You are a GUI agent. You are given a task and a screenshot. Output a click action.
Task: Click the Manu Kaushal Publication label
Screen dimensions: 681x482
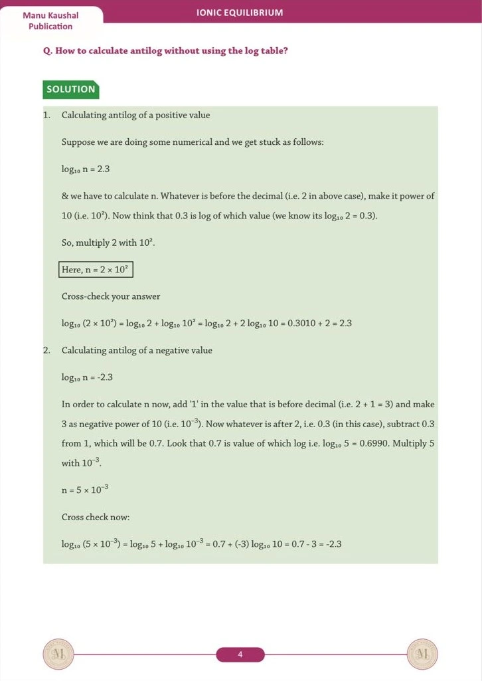(50, 21)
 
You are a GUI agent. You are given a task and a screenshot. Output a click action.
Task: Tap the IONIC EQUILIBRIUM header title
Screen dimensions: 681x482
(240, 13)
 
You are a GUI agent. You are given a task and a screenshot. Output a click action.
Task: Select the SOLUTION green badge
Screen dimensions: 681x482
(71, 89)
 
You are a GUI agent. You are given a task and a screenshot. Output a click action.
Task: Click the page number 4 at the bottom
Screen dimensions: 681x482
(240, 655)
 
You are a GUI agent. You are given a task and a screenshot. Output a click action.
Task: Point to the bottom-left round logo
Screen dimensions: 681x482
(58, 654)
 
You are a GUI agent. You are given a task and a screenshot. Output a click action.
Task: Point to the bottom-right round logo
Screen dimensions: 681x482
(422, 654)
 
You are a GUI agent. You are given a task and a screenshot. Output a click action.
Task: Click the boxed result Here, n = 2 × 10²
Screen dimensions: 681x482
(97, 270)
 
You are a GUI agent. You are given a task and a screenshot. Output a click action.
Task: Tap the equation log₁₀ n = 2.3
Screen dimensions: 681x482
(86, 169)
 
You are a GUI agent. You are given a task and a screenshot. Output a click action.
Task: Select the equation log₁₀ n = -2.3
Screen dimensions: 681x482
(87, 377)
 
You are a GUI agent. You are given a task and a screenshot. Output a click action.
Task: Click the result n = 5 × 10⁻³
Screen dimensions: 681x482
(85, 490)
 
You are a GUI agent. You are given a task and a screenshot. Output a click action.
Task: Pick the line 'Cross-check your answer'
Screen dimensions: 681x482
(111, 296)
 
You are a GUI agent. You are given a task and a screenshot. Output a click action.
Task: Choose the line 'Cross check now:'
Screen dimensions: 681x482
(96, 517)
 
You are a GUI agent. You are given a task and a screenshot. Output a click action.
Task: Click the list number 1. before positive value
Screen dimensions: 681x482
(46, 115)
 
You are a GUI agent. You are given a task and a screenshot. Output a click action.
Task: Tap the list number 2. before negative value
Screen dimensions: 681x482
(46, 350)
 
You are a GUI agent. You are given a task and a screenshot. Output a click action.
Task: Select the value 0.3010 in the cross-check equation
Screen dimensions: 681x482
(302, 324)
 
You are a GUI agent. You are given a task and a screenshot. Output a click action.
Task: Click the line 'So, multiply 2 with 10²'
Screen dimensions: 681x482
(108, 243)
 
